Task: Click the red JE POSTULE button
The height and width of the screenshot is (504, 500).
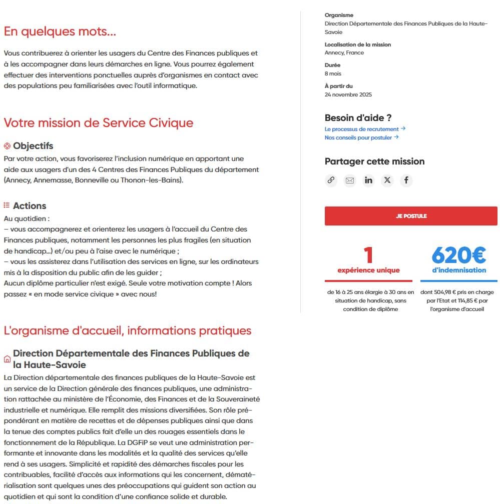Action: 411,216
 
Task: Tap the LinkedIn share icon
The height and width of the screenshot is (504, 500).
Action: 368,180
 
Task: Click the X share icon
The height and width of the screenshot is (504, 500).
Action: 387,180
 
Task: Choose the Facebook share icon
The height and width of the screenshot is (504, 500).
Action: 406,180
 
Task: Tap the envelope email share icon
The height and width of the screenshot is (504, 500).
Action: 350,180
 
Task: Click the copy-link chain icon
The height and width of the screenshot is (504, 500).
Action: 331,180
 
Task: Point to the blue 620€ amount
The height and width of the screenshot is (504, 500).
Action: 458,255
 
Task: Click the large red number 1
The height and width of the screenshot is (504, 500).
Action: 368,255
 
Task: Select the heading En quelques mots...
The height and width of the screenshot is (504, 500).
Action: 60,31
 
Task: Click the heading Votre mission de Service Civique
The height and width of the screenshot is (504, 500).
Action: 98,122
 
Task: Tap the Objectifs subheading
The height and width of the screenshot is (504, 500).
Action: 33,146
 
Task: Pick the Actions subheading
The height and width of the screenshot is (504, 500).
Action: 30,205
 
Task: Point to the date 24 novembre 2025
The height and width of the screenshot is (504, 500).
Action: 348,94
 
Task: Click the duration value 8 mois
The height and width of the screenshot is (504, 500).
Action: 333,73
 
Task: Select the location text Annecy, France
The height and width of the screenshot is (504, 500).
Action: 344,52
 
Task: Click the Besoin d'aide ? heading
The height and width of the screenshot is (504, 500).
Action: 358,118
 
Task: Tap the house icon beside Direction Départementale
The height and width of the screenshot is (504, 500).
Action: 7,359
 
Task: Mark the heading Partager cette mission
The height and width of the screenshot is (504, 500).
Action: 374,161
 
